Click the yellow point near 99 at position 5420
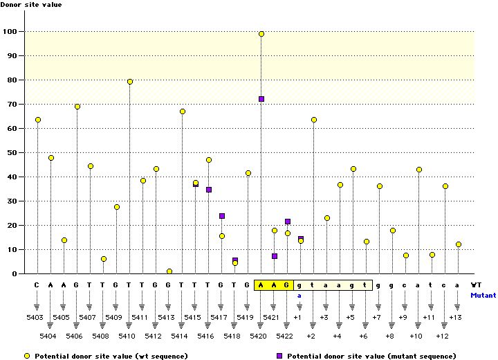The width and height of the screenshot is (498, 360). (261, 34)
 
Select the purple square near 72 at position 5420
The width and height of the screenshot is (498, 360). (261, 99)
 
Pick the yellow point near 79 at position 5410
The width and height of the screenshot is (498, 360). (130, 82)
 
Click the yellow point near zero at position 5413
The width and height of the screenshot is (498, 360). (169, 271)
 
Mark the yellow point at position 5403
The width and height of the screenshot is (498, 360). (37, 120)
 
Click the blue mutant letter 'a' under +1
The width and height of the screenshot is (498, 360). (300, 295)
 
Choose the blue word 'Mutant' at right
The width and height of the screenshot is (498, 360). (483, 295)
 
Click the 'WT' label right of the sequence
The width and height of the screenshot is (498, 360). (477, 285)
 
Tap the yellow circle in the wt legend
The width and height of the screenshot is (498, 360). (27, 355)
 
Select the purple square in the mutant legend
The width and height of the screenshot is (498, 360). (279, 355)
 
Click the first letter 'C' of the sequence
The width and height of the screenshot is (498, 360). (37, 285)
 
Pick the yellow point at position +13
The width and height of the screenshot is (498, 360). (458, 244)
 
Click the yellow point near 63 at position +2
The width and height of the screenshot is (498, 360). (314, 120)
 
